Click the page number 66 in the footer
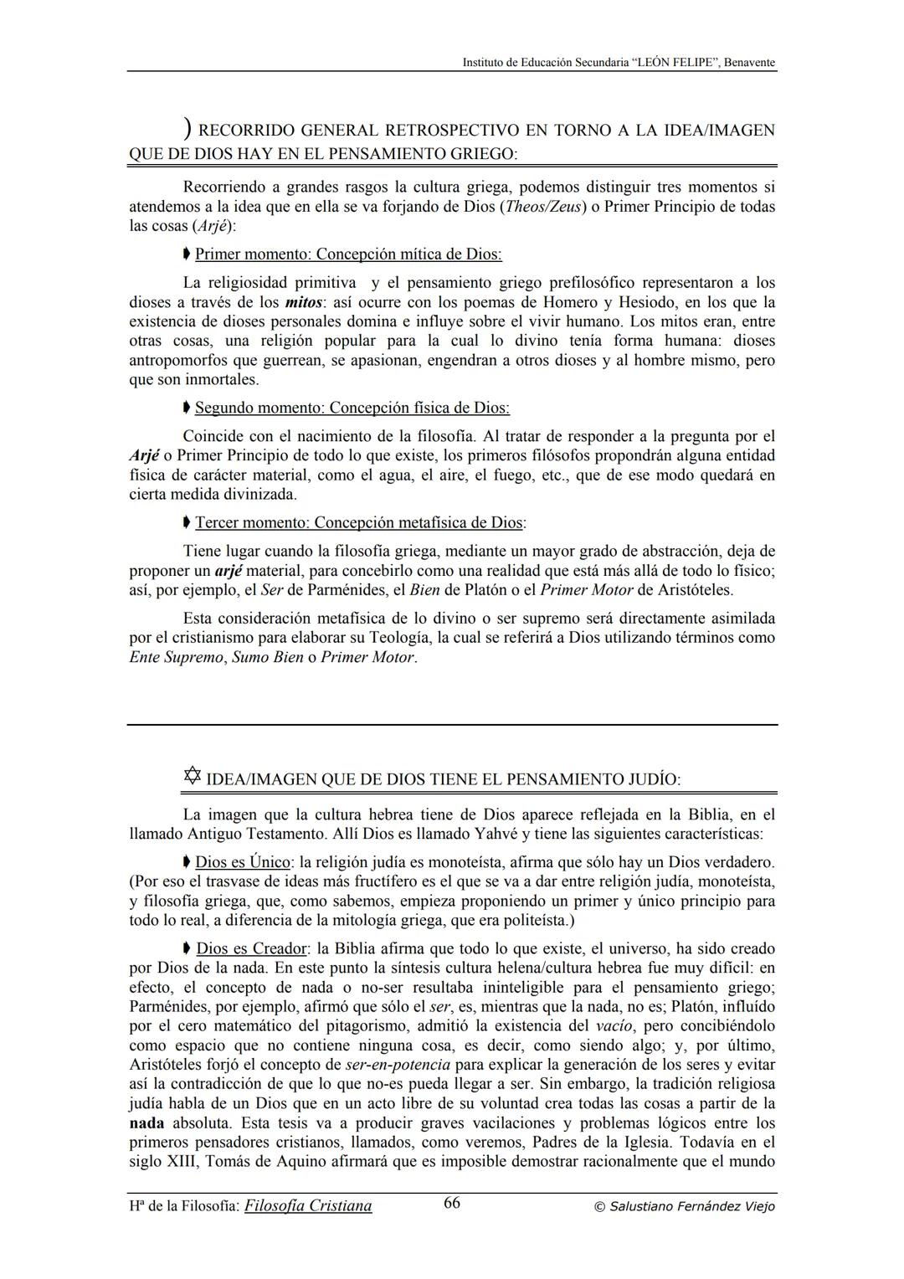[x=451, y=1204]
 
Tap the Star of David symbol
[x=192, y=777]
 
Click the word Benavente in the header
[x=749, y=63]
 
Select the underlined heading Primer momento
[x=348, y=254]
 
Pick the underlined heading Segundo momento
[x=352, y=408]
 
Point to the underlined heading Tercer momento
[x=360, y=522]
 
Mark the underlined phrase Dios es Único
[x=243, y=862]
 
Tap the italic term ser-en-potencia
[x=398, y=1065]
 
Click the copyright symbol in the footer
[x=598, y=1207]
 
